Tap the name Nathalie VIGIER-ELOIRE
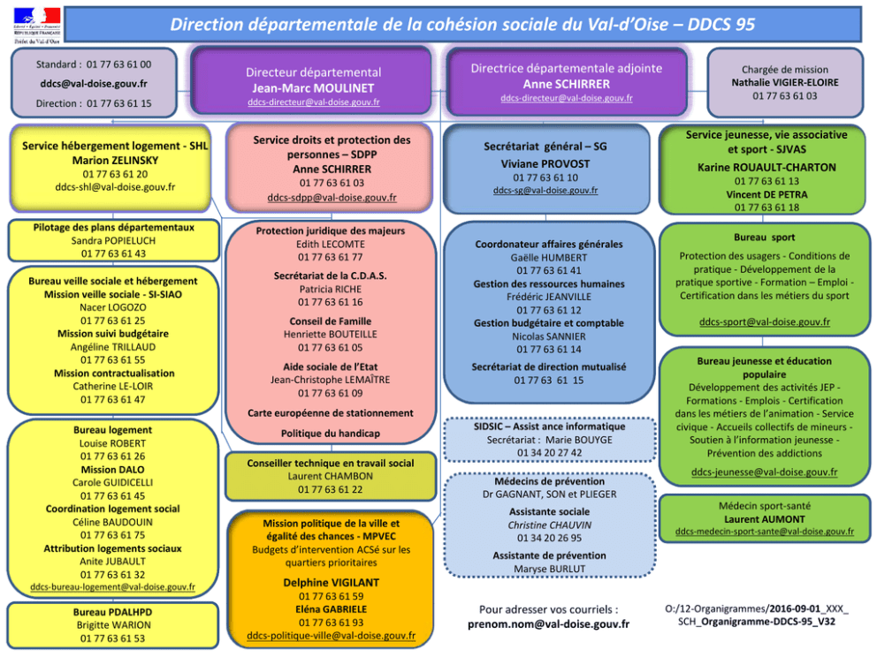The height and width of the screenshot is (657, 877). pos(785,82)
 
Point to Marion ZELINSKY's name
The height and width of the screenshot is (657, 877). pos(115,160)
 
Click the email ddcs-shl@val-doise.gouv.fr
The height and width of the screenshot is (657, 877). pos(115,186)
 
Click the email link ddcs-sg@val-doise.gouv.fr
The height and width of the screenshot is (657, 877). pos(545,190)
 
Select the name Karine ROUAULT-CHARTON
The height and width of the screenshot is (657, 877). pos(766,167)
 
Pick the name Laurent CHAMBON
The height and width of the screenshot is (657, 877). pos(330,476)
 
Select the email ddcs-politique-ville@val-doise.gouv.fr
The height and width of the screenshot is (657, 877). pos(331,635)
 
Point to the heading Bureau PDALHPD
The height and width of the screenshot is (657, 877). pos(112,611)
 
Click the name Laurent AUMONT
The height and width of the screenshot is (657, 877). pos(766,518)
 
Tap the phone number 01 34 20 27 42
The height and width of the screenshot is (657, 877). pos(549,452)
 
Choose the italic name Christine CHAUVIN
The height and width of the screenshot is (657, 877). pos(549,525)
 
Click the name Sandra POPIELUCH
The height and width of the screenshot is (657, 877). pos(113,240)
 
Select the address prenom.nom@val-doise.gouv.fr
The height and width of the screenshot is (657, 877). pos(548,623)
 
